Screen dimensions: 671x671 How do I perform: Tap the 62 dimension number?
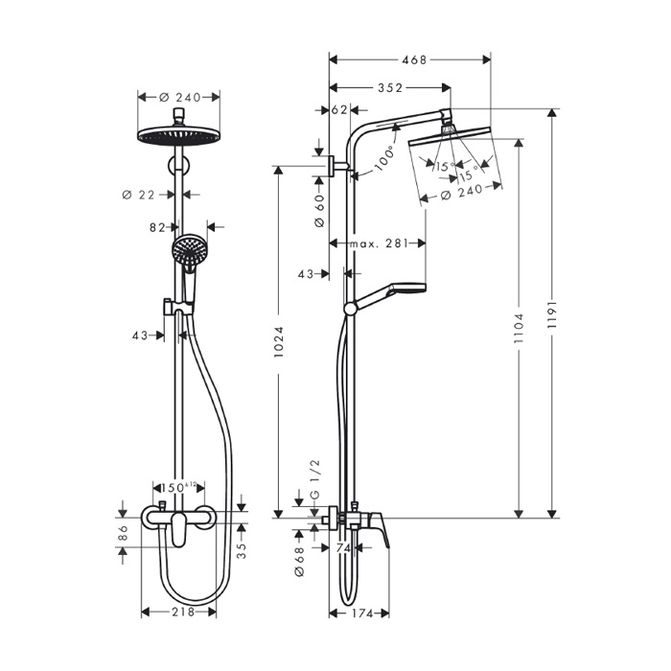click(338, 110)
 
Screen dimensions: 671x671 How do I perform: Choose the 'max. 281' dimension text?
click(379, 244)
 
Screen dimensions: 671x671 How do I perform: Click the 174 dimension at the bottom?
click(359, 612)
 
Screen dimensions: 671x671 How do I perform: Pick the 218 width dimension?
click(182, 612)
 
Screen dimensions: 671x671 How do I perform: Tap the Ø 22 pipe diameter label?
click(139, 195)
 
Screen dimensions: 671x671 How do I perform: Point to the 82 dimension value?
click(159, 227)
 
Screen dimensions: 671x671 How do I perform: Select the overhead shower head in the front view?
click(179, 135)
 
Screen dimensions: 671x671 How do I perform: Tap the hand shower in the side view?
click(403, 289)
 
